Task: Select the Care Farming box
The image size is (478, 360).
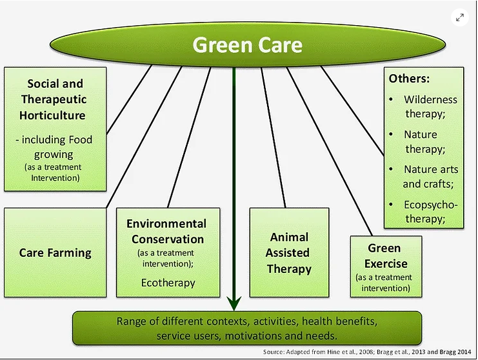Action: coord(55,253)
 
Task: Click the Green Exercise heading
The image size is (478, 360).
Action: coord(386,255)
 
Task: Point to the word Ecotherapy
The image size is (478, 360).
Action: coord(168,283)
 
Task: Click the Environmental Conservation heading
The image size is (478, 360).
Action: coord(166,231)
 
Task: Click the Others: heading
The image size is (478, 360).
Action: coord(409,78)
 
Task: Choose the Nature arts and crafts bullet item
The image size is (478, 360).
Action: coord(430,176)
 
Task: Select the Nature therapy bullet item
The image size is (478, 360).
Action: coord(424,141)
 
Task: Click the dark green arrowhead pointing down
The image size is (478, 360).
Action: coord(234,303)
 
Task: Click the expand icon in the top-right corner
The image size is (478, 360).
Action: coord(459,17)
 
